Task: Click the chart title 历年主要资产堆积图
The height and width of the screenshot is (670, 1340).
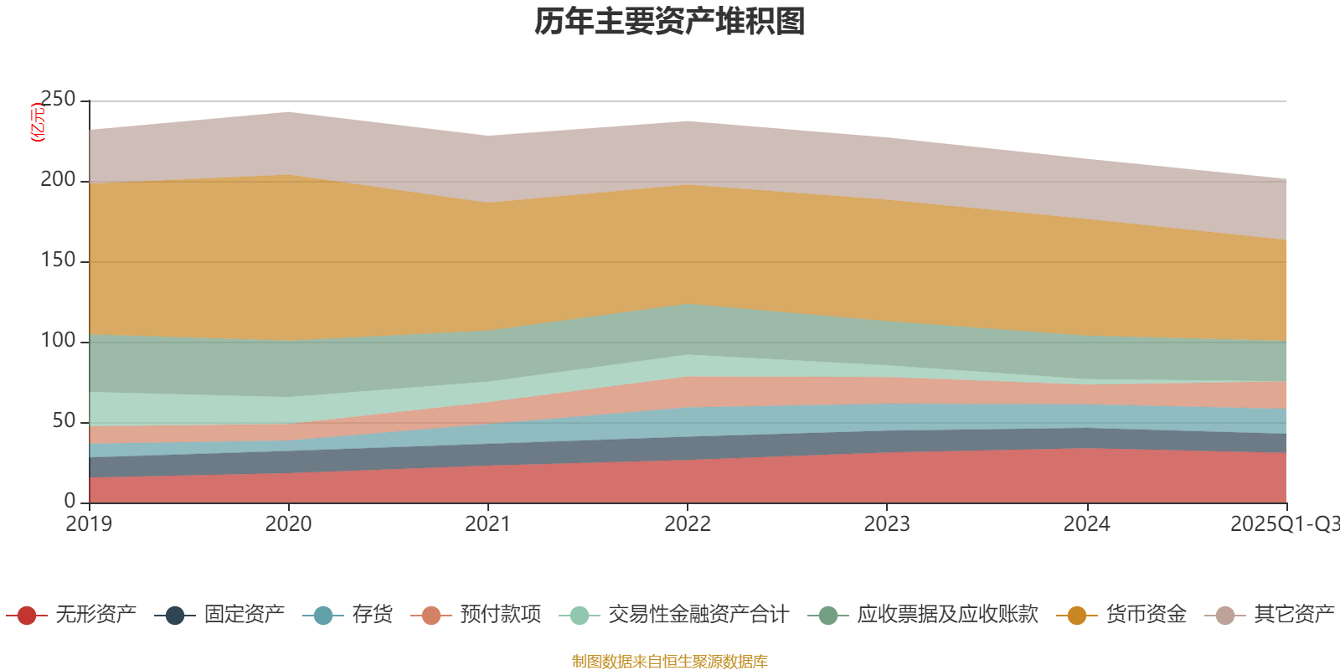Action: click(x=670, y=22)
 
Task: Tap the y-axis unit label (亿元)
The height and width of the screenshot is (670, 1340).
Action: click(x=37, y=122)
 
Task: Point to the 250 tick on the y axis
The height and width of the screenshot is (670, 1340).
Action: click(x=58, y=100)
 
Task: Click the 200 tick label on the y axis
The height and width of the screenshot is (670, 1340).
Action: click(x=58, y=180)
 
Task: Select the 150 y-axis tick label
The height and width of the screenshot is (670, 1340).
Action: click(x=58, y=260)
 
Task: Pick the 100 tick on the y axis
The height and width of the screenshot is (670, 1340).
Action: click(x=58, y=341)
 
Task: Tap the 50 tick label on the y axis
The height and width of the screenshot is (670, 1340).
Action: click(x=64, y=421)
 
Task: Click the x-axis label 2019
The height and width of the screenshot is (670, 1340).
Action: click(x=89, y=524)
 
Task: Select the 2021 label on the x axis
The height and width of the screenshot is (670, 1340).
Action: click(x=487, y=524)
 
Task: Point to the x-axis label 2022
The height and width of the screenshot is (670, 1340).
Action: click(x=687, y=524)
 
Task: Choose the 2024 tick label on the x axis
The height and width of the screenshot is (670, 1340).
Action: click(x=1086, y=524)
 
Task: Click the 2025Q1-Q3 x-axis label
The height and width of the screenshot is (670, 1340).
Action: click(x=1283, y=524)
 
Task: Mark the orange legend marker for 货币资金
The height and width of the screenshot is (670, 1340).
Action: click(x=1077, y=616)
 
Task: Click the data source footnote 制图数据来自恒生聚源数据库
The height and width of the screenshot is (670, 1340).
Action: click(x=670, y=662)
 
